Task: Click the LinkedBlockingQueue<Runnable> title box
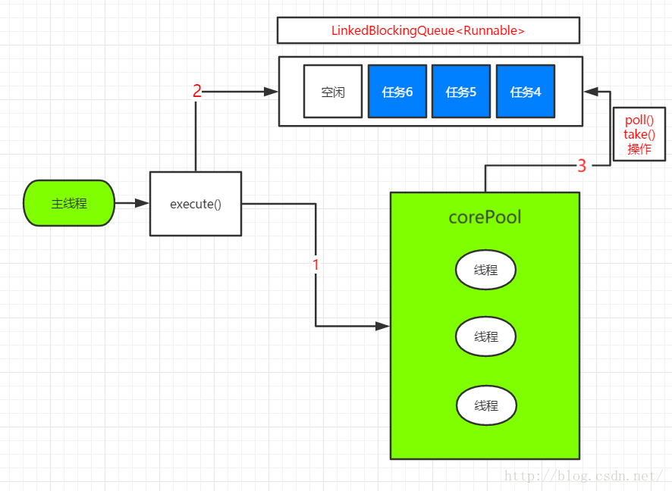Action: (428, 30)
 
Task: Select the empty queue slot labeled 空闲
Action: (333, 91)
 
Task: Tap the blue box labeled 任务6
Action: (397, 91)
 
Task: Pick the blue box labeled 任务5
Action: (461, 91)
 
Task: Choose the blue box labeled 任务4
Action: (526, 91)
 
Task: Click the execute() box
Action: (196, 204)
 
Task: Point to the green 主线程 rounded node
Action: (69, 203)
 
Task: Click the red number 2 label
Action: (196, 91)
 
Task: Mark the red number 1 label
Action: (316, 265)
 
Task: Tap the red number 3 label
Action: (582, 166)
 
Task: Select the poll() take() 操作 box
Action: (639, 134)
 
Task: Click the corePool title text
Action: (485, 217)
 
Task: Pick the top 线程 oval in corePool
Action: (485, 270)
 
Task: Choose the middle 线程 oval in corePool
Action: (485, 336)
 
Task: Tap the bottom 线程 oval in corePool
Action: (486, 405)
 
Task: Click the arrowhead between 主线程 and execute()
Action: (142, 203)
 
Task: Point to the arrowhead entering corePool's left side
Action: (383, 326)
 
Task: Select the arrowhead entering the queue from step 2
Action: (271, 92)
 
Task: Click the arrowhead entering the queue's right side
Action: (591, 92)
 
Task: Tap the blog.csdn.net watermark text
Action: (584, 476)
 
